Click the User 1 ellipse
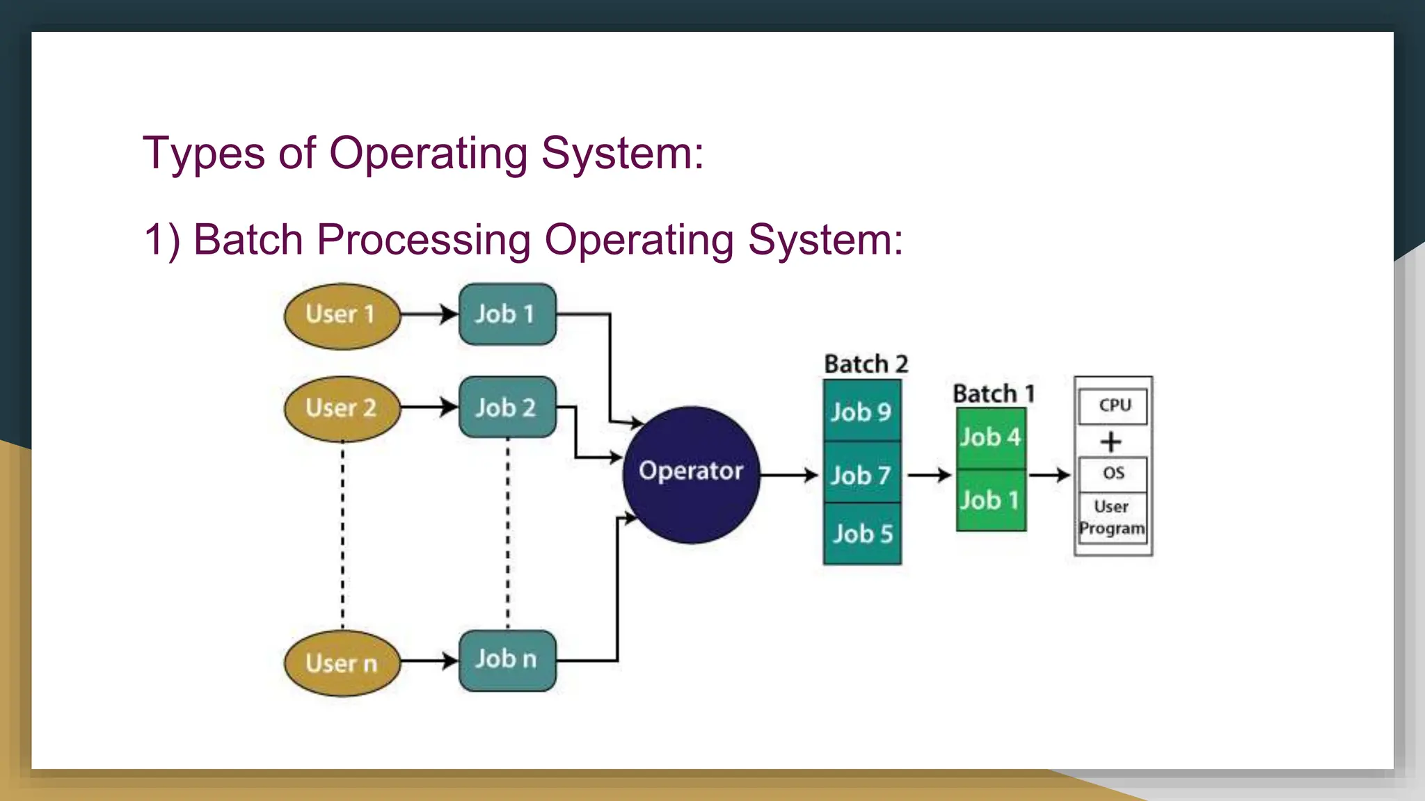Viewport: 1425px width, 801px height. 342,316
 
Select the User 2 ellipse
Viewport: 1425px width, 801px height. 342,409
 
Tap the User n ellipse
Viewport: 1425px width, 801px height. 342,663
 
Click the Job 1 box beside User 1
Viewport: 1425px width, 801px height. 507,314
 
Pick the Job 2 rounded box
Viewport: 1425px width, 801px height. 507,407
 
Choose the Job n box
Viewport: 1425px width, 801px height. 507,660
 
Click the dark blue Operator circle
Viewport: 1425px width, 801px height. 691,474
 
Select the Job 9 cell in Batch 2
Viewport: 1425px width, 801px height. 862,412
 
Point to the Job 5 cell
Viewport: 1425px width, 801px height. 862,534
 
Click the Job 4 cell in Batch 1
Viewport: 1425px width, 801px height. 991,438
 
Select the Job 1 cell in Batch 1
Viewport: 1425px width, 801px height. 991,500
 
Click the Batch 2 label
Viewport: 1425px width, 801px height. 866,364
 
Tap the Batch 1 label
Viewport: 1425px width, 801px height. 994,394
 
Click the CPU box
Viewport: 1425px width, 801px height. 1113,405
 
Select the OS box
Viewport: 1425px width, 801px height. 1113,474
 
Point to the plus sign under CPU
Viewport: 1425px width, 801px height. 1111,442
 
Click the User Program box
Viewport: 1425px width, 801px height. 1113,518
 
